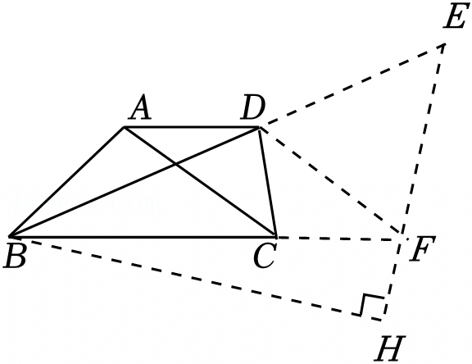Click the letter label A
click(x=139, y=107)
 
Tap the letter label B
click(x=15, y=255)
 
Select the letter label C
click(x=265, y=256)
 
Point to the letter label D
click(x=253, y=107)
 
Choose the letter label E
click(x=455, y=16)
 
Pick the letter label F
click(x=423, y=248)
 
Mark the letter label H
click(x=388, y=348)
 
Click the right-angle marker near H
click(x=372, y=305)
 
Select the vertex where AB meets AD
click(x=124, y=127)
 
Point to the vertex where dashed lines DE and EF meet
click(x=445, y=44)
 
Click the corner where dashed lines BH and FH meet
click(x=383, y=321)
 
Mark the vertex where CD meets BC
click(x=275, y=236)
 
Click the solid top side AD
click(x=192, y=127)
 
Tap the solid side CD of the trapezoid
click(x=267, y=182)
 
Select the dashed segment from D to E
click(x=352, y=86)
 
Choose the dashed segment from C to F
click(x=338, y=238)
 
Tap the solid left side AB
click(x=67, y=182)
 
